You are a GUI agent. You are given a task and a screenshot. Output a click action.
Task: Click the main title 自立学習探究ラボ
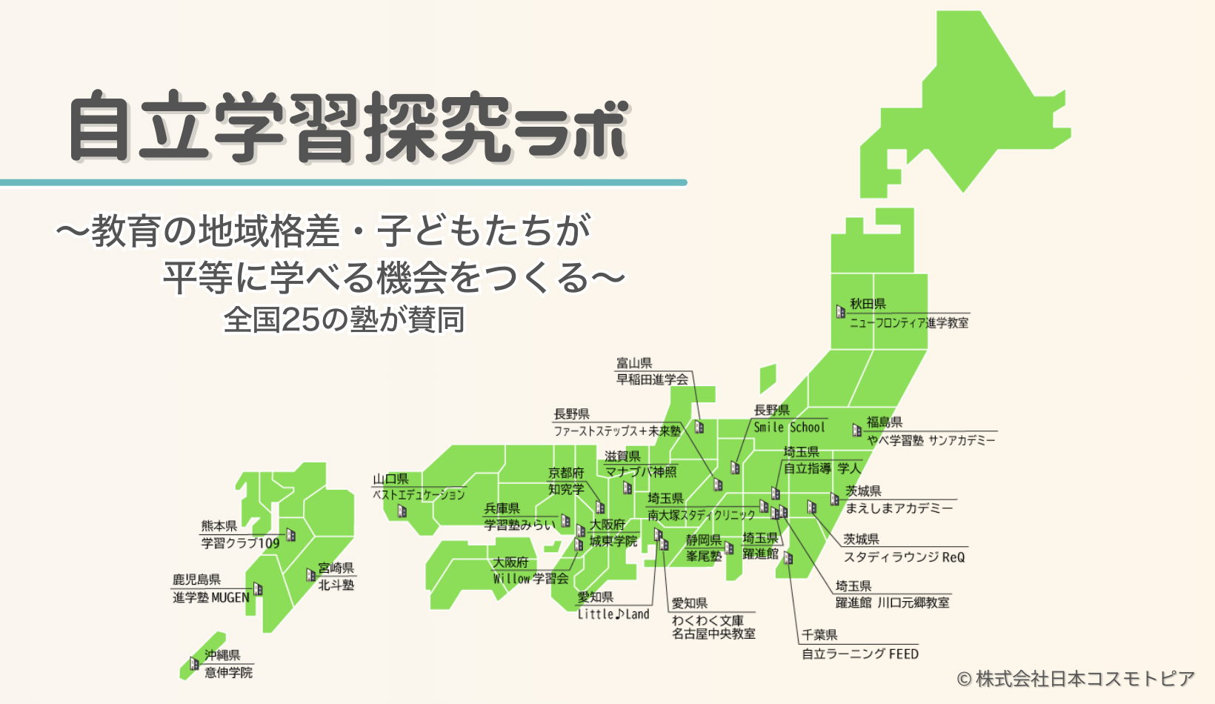coord(348,127)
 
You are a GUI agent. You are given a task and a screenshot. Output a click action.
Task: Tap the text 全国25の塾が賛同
coord(344,320)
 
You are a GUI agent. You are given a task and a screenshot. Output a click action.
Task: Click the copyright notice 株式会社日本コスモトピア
coord(1076,679)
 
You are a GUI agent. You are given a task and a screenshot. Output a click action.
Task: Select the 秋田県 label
coord(868,304)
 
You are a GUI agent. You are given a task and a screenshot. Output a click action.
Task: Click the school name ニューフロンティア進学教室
coord(908,323)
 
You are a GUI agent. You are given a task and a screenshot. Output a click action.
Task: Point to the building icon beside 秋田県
coord(840,312)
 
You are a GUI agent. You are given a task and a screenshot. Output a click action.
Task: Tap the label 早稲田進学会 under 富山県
coord(652,379)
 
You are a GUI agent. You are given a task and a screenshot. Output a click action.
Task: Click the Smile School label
coord(789,428)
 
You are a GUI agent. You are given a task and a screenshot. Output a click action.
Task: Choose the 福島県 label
coord(885,422)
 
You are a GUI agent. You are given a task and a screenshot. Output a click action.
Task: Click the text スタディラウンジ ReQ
coord(904,557)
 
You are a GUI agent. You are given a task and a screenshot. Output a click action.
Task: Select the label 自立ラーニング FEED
coord(860,654)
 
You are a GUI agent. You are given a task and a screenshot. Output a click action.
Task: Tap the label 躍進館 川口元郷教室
coord(892,603)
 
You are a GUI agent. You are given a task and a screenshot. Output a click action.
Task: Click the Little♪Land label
coord(613,614)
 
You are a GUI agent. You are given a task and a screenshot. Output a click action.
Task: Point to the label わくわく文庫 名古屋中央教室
coord(713,627)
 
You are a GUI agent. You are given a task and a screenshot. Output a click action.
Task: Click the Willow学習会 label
coord(530,579)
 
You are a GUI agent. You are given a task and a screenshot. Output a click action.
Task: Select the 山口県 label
coord(390,479)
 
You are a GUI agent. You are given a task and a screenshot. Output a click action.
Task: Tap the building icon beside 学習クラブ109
coord(291,534)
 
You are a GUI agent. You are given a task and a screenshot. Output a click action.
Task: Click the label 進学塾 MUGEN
coord(211,597)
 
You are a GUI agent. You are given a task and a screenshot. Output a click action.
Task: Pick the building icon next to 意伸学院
coord(194,663)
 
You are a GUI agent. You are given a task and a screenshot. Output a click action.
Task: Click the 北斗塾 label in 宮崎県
coord(336,585)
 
